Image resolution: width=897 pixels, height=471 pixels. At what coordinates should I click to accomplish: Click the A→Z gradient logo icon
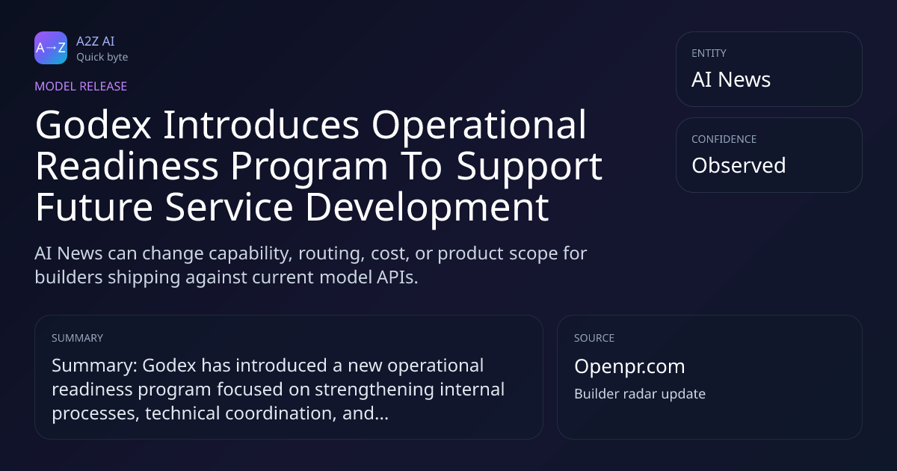pos(51,48)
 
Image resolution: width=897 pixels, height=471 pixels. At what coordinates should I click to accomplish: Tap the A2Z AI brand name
pos(96,41)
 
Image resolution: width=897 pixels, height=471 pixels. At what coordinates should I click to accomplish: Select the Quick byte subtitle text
pos(102,58)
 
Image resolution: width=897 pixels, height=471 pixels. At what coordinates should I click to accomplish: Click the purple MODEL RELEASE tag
pos(81,86)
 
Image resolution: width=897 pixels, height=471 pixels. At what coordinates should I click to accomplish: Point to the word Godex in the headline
pos(93,125)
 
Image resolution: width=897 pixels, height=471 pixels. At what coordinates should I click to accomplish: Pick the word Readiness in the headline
pos(127,166)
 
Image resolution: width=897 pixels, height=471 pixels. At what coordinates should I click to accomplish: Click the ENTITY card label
pos(709,53)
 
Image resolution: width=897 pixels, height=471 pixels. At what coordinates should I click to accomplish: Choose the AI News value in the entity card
pos(731,79)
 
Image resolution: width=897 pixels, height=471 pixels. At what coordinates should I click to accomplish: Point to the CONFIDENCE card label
pos(724,139)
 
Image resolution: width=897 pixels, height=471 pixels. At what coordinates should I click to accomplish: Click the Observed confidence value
pos(739,165)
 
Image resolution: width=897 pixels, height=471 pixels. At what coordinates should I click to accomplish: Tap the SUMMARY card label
pos(77,338)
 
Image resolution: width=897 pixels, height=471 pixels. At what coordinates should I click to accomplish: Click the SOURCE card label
pos(594,338)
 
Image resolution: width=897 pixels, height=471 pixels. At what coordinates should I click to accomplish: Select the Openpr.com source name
pos(629,367)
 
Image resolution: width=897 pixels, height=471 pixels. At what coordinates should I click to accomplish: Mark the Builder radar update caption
pos(640,394)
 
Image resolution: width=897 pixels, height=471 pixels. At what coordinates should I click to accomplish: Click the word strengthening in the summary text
pos(374,390)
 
